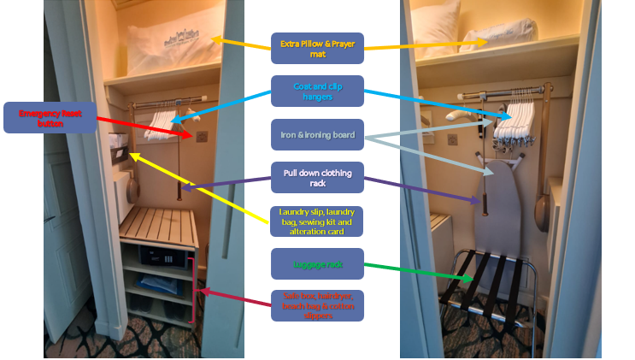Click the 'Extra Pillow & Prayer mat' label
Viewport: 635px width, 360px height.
coord(318,48)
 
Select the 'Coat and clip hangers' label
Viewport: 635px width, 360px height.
coord(318,91)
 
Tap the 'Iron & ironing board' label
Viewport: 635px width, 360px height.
coord(318,134)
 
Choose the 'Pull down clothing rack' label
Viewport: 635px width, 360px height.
coord(318,177)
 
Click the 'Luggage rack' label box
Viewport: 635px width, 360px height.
coord(318,264)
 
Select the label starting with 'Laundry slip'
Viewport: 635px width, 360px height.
coord(318,221)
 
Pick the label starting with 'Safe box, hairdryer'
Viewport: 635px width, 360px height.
coord(318,305)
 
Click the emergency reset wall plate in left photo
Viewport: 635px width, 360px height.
coord(202,136)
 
